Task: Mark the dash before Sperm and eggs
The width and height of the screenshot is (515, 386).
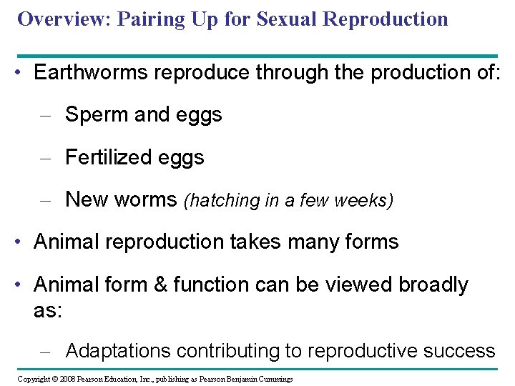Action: pyautogui.click(x=46, y=115)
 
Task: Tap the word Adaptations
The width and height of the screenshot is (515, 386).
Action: pyautogui.click(x=118, y=351)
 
